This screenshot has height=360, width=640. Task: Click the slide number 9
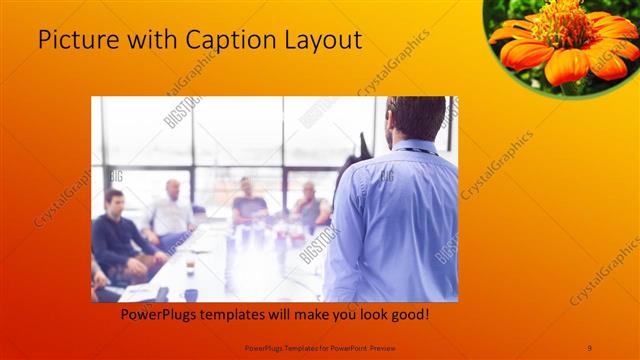590,346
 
